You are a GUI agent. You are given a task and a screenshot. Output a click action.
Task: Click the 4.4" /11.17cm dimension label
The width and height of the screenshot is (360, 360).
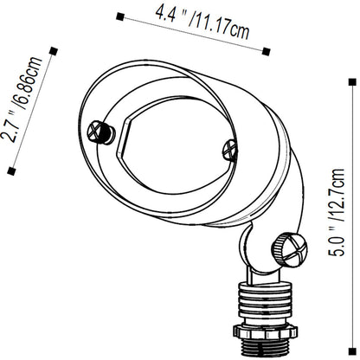pos(202,22)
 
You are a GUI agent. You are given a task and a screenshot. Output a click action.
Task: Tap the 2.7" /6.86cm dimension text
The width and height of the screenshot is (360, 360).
pos(22,100)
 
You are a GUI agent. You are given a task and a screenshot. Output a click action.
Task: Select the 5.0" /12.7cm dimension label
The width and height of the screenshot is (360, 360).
pos(337,212)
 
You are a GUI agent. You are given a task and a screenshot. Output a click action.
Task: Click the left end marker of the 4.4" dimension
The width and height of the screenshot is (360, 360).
pos(120,16)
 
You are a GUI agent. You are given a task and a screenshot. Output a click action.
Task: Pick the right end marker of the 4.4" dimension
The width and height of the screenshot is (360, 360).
pos(267,52)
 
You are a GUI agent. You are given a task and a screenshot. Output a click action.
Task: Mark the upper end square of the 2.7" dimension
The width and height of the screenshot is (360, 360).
pos(54,51)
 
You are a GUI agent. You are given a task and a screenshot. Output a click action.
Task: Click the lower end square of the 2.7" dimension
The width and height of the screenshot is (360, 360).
pos(11,171)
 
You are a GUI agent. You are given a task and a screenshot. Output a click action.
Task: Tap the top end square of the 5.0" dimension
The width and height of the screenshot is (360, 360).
pos(352,82)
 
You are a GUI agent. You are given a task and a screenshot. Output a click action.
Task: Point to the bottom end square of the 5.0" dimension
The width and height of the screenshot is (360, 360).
pos(352,351)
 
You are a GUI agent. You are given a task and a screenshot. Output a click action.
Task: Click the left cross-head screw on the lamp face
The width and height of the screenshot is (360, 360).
pos(100,132)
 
